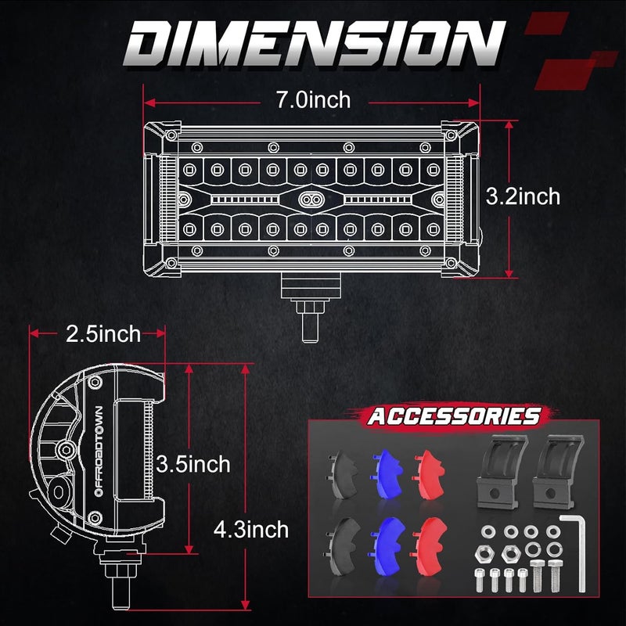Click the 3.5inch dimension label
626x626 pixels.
tap(192, 464)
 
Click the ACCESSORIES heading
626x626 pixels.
tap(455, 416)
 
